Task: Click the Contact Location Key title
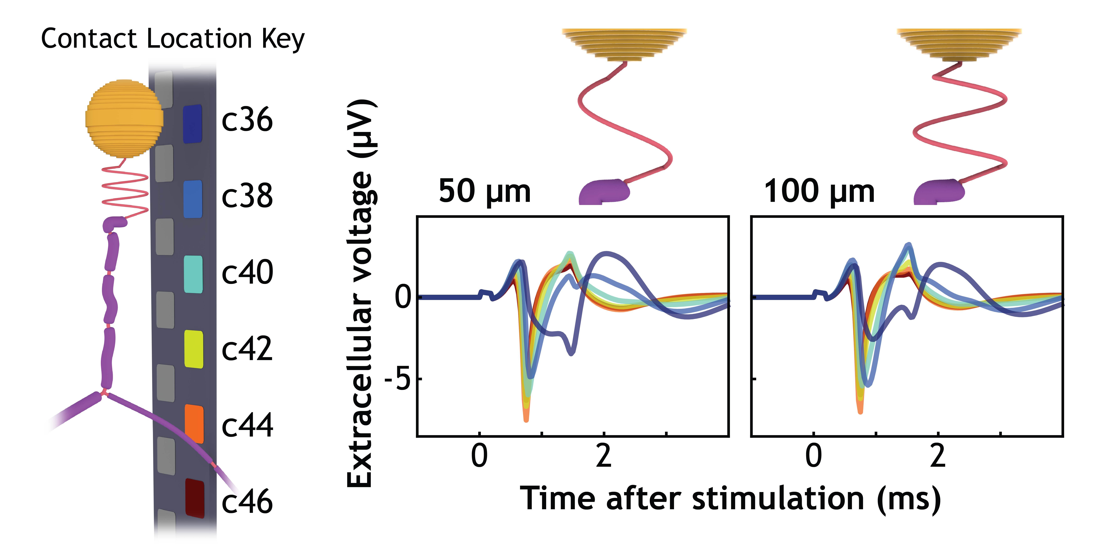(173, 39)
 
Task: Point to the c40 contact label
(247, 272)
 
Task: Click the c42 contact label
(247, 349)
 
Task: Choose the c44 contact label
(247, 425)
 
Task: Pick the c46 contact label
(247, 502)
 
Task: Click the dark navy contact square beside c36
(192, 124)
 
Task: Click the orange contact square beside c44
(194, 423)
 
